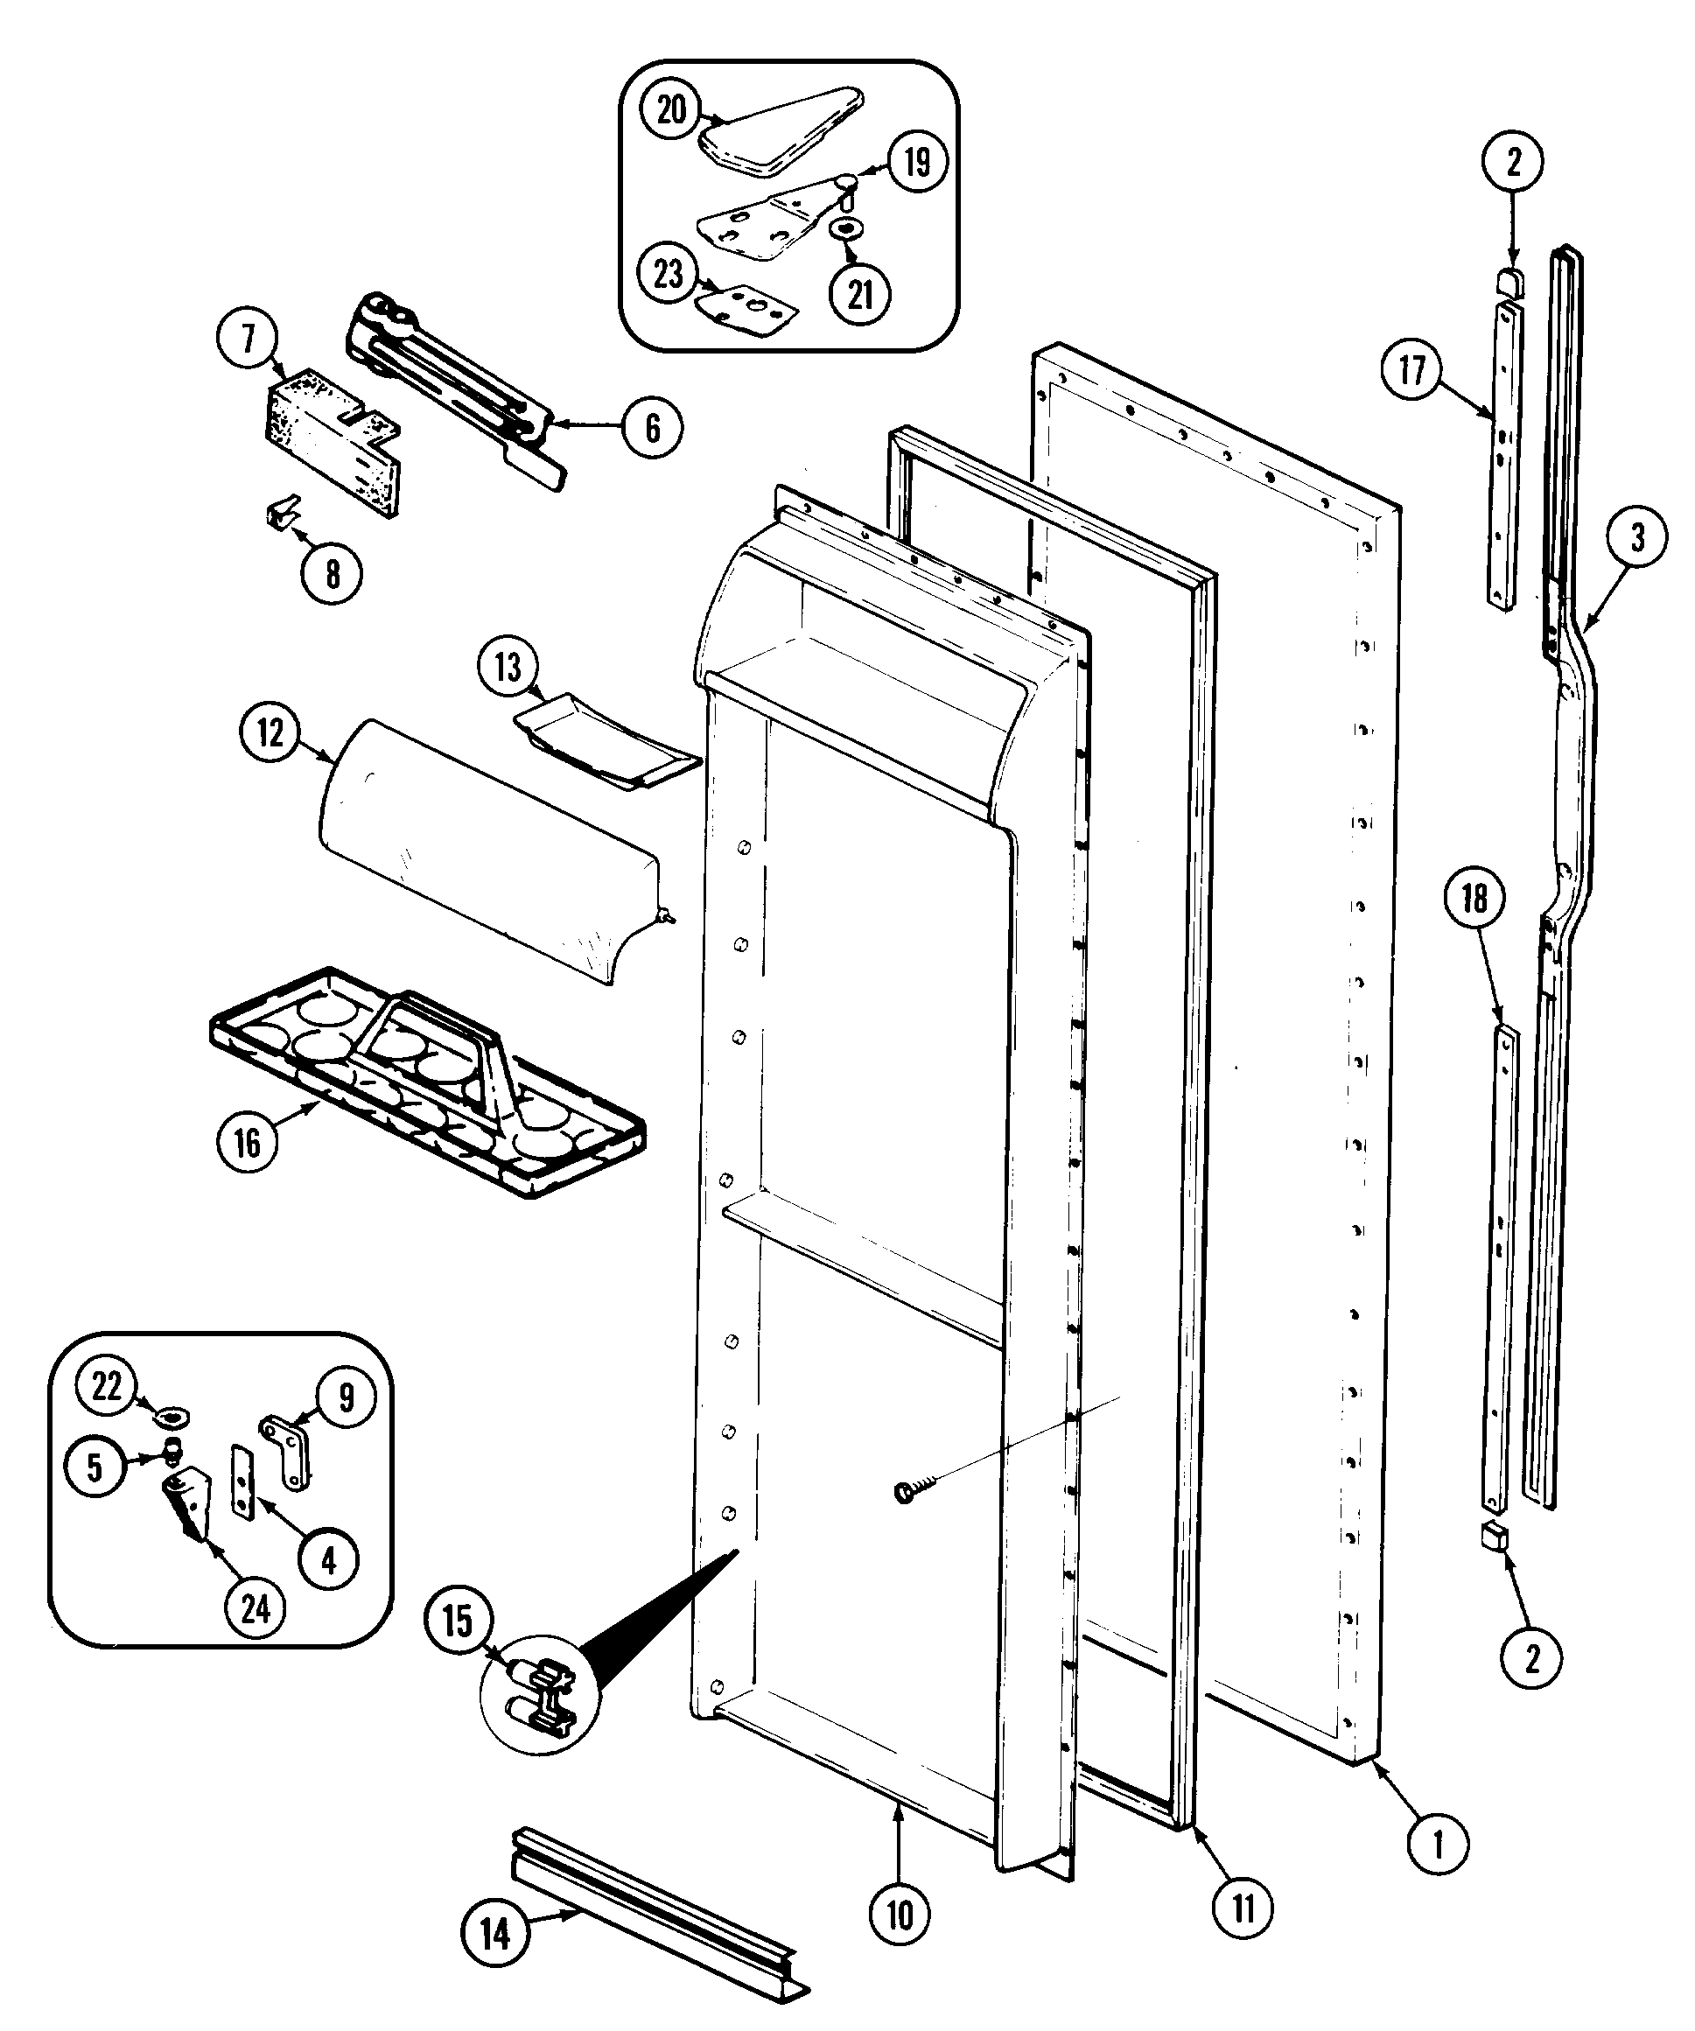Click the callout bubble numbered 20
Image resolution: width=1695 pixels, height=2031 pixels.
(671, 109)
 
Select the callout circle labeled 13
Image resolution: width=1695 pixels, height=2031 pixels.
(507, 668)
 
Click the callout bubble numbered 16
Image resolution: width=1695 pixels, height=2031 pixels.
(247, 1143)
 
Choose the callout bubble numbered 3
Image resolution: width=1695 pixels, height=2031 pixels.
(1637, 538)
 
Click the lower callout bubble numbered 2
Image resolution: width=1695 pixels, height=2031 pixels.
(1530, 1660)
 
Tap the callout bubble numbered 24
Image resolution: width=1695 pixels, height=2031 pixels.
(255, 1609)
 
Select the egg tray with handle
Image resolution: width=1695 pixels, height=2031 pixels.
(425, 1078)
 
